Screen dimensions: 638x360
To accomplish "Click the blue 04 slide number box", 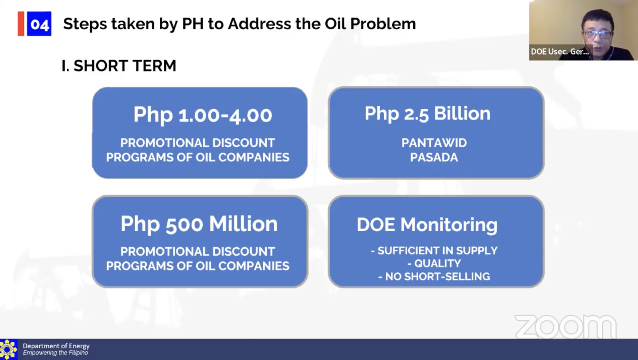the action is point(39,24).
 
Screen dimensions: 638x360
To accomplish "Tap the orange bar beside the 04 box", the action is point(21,24).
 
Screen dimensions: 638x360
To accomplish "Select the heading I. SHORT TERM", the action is point(119,66).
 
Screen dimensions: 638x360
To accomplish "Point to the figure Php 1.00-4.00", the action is point(203,115).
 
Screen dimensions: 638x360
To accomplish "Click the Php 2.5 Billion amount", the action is point(428,114).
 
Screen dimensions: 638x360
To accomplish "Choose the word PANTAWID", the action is point(434,143).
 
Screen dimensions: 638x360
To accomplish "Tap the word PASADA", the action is point(434,157).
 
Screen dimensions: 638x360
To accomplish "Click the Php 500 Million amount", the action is point(199,224).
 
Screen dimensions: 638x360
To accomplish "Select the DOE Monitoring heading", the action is point(427,225).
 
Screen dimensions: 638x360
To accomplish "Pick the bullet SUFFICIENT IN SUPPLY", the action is point(434,251).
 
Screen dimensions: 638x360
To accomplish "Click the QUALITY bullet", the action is point(434,264).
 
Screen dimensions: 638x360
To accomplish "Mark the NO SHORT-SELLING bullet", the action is point(434,276).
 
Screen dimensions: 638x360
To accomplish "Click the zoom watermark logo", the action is point(566,327).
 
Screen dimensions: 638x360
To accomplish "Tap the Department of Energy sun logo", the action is point(8,349).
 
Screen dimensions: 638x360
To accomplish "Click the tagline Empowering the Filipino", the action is point(55,353).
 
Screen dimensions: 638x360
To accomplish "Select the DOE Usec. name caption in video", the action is point(560,52).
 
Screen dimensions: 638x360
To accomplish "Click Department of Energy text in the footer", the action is point(56,346).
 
